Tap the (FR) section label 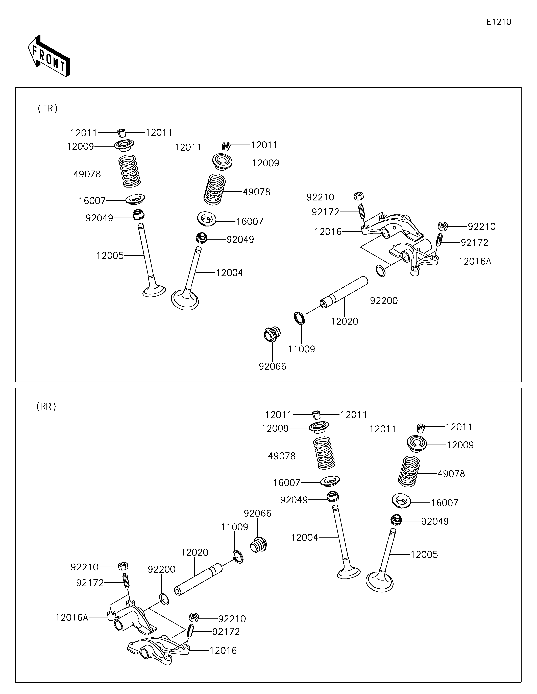click(48, 109)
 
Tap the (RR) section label click(46, 406)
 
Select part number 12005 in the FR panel click(110, 256)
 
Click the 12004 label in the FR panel click(229, 273)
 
